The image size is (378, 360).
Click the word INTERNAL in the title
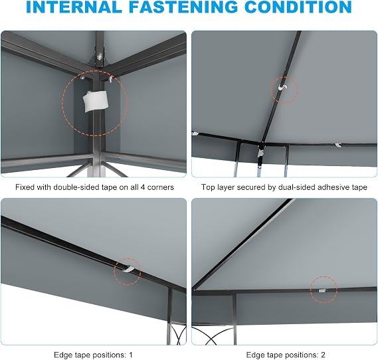(x=74, y=7)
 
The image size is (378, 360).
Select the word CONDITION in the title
(x=298, y=7)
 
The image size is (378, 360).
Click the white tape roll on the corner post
(x=95, y=101)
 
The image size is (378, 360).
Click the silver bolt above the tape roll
(x=99, y=57)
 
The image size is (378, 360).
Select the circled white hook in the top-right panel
(x=282, y=87)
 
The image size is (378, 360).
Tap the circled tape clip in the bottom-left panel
(x=128, y=269)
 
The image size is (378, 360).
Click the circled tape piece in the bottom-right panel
(x=322, y=291)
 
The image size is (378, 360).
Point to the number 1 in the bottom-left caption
(x=130, y=355)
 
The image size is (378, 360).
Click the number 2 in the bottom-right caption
(x=323, y=355)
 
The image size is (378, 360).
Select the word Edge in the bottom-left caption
(x=62, y=355)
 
